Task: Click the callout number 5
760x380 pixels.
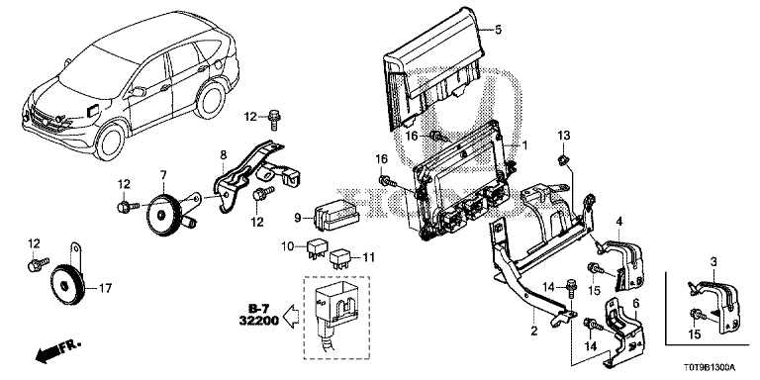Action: tap(499, 30)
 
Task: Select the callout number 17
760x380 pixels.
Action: tap(105, 288)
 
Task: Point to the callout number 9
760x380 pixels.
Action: tap(299, 218)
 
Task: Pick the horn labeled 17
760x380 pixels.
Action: tap(67, 282)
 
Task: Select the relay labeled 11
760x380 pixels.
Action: tap(340, 259)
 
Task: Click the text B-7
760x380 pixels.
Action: tap(259, 309)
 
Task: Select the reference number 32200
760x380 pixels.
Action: tap(259, 321)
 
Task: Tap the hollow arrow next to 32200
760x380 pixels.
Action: tap(291, 317)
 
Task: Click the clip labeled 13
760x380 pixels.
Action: tap(562, 159)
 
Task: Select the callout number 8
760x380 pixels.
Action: tap(223, 155)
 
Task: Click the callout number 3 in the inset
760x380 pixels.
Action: tap(712, 262)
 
